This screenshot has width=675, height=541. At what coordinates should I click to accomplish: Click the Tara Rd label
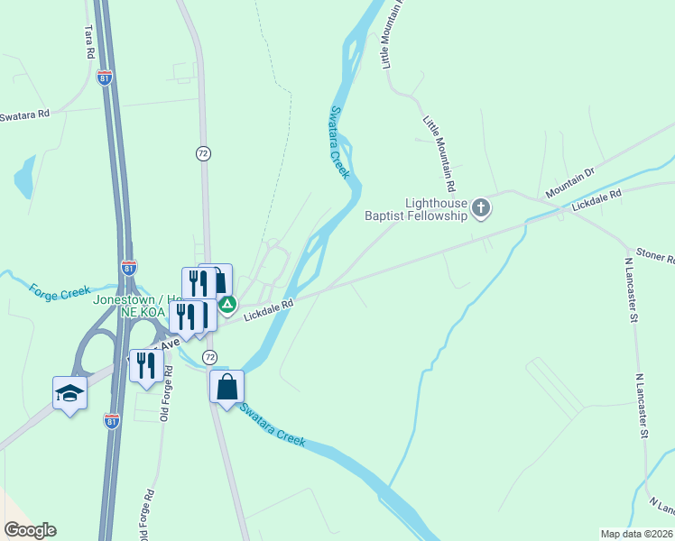(x=88, y=41)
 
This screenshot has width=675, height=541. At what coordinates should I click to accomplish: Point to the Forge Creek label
(x=60, y=292)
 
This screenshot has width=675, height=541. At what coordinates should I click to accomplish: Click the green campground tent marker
(x=229, y=306)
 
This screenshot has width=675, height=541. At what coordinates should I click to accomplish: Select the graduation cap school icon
(x=69, y=393)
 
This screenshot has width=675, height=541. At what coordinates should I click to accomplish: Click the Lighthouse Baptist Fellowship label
(x=416, y=209)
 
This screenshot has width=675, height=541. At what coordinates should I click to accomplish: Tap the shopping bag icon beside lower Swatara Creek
(x=227, y=388)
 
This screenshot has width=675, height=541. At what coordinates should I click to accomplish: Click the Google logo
(x=30, y=530)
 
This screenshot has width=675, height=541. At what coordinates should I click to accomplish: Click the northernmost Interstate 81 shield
(x=105, y=77)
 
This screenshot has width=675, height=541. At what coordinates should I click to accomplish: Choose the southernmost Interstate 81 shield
(x=112, y=421)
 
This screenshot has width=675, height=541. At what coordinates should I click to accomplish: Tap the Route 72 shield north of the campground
(x=203, y=153)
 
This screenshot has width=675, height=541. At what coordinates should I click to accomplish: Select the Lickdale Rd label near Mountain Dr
(x=597, y=200)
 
